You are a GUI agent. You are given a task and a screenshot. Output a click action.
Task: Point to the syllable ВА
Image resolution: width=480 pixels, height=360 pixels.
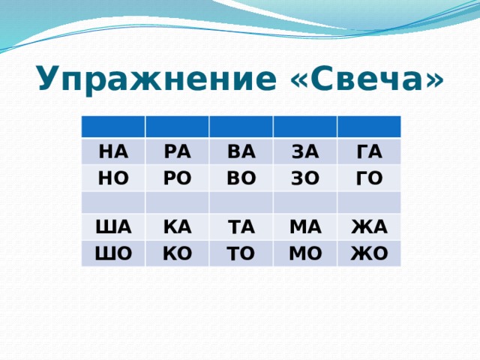point(240,151)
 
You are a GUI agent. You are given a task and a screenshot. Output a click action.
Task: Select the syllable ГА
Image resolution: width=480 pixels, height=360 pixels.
point(367,151)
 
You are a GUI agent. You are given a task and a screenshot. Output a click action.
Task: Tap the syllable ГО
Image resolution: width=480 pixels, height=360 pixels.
point(367,180)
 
